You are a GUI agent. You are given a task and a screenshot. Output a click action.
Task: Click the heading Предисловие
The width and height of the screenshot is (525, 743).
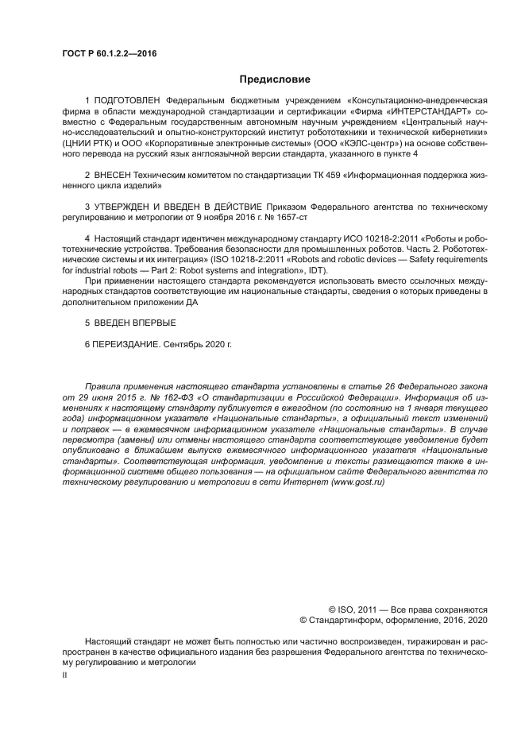pyautogui.click(x=275, y=79)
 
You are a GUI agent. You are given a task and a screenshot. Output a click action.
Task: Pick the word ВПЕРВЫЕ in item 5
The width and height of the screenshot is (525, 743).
pyautogui.click(x=151, y=323)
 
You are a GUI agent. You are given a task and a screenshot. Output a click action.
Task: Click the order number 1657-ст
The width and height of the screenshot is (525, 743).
pyautogui.click(x=291, y=217)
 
